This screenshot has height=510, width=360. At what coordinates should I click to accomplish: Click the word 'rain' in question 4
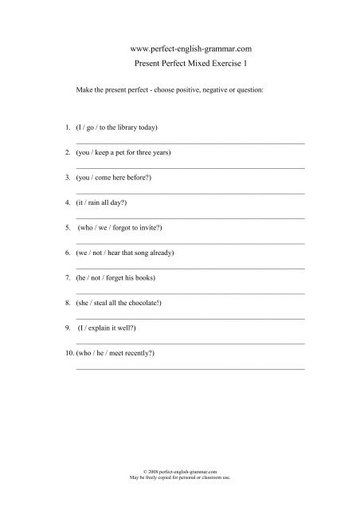click(99, 202)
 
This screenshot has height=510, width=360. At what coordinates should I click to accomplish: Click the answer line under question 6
click(189, 268)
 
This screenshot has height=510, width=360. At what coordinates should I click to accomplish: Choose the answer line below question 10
click(189, 368)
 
